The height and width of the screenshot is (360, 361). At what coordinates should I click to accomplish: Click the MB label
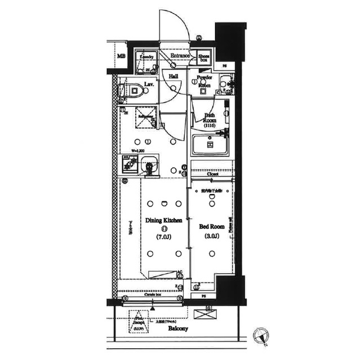(121, 57)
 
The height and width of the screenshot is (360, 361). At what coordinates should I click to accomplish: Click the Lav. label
(149, 84)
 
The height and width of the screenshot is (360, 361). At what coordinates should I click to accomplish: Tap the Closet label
(212, 175)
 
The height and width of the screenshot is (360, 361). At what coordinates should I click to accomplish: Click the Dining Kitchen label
(163, 220)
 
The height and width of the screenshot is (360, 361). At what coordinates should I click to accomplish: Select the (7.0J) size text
(164, 237)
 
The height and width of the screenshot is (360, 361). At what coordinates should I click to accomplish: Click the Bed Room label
(212, 226)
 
